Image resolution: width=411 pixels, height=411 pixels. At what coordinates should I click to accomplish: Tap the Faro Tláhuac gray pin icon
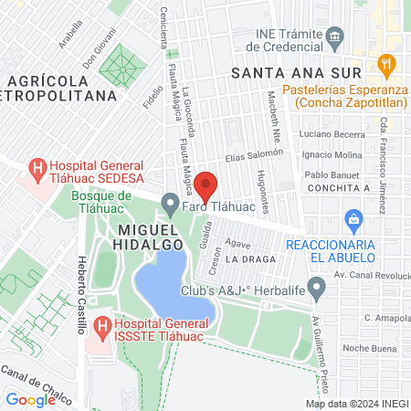pos(169,202)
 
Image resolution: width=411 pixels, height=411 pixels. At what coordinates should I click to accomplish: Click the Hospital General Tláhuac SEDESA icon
pos(37,168)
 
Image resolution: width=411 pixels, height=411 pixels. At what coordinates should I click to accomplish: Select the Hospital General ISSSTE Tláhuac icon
pos(101,325)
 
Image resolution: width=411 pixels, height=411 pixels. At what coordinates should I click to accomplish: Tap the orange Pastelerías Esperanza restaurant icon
pos(385,67)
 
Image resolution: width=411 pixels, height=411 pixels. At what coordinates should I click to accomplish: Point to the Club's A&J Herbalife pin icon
pos(317,290)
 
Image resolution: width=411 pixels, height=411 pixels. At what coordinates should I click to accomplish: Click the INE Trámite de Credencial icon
pos(334,39)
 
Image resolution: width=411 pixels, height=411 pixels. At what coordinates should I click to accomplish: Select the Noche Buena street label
pos(367,349)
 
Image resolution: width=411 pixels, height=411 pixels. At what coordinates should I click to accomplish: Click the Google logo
pos(30,399)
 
